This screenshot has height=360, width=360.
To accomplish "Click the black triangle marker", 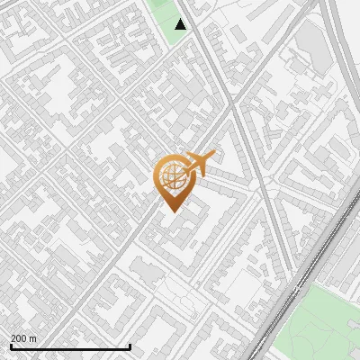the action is click(181, 24).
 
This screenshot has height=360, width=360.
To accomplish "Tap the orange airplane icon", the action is click(199, 164).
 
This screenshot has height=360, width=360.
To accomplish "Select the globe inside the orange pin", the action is click(171, 178).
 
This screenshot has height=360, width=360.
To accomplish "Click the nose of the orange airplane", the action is click(214, 155).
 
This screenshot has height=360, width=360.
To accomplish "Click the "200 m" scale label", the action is click(23, 338).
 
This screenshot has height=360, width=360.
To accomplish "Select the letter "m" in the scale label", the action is click(32, 338).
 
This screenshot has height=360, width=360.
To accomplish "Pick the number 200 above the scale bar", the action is click(18, 338).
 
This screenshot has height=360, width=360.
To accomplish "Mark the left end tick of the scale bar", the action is click(10, 346).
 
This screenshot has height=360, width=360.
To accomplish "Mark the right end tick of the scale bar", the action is click(130, 346).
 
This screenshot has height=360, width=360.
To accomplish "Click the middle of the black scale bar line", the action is click(70, 347).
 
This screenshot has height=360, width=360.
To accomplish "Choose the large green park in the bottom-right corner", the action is click(324, 324).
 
